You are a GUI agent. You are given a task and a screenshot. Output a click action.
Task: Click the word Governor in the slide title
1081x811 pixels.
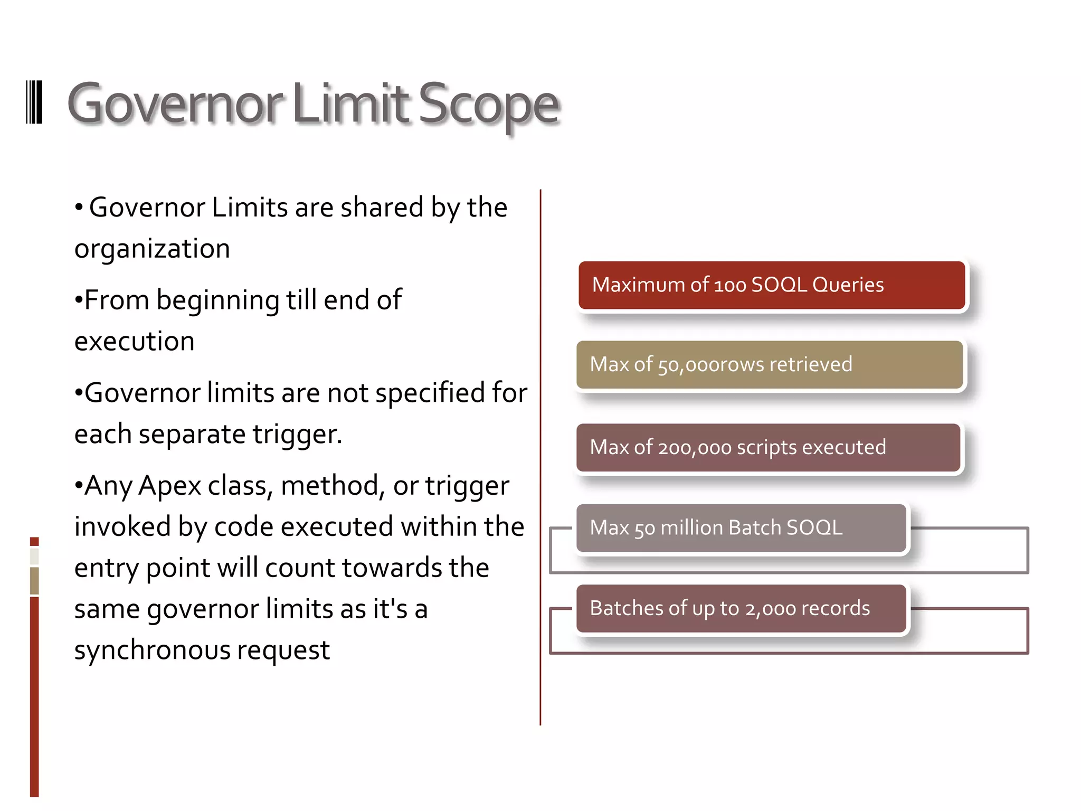[174, 104]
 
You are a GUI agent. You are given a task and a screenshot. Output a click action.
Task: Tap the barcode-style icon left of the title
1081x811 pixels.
[34, 102]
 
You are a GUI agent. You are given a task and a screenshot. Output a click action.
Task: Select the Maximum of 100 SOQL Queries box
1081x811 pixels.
[771, 285]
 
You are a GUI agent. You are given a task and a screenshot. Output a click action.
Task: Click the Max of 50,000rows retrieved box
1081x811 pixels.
[770, 365]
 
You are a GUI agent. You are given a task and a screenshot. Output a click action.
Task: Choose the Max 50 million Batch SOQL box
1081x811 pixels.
[741, 528]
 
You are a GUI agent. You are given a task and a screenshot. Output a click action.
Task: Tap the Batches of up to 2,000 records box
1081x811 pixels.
[741, 608]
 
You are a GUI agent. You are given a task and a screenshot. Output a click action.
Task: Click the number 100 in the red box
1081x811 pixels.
[730, 286]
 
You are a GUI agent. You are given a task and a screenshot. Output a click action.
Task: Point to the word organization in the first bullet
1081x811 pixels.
[152, 248]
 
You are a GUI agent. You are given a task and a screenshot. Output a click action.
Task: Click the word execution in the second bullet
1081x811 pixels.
[134, 341]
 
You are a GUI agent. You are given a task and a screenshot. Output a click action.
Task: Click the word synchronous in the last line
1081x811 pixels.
[152, 650]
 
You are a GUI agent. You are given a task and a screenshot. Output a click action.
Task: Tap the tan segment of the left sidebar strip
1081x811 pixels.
[34, 581]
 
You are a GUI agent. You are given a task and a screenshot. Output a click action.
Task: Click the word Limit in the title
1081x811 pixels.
[349, 104]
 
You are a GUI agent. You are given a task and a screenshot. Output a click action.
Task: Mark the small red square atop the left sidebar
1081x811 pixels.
[34, 541]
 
